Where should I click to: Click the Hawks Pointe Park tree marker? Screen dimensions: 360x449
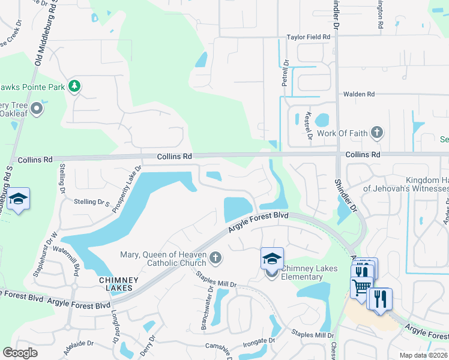(74, 86)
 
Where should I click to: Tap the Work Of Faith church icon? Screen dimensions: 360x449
(376, 132)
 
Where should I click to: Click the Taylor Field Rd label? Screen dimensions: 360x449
(309, 37)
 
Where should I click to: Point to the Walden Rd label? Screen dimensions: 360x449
(358, 94)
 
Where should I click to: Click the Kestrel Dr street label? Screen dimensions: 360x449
(309, 125)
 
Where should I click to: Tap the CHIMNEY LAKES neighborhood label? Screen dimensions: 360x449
(119, 284)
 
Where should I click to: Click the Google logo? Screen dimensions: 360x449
(20, 352)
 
